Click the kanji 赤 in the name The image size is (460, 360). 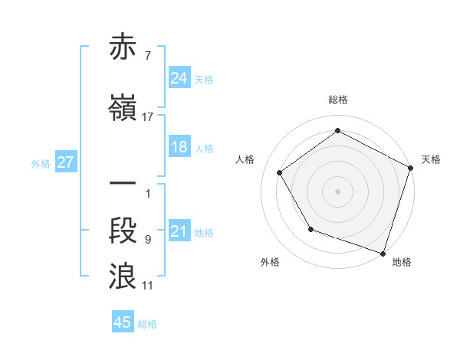[x=124, y=47]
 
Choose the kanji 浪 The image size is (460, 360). [x=124, y=277]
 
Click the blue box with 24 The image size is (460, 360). [x=179, y=77]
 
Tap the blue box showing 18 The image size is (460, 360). [x=179, y=147]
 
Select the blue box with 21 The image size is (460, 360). [x=179, y=231]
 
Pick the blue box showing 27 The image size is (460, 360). [x=65, y=162]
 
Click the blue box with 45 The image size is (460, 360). [x=123, y=322]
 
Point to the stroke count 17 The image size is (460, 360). [x=148, y=117]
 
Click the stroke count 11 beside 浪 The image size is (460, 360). [x=148, y=286]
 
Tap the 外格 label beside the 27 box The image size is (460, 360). [x=41, y=163]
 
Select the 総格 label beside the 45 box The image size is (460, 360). [x=147, y=323]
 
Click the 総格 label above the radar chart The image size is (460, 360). [x=338, y=100]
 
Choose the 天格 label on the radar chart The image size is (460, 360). [x=431, y=159]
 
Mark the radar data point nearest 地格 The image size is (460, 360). [x=383, y=252]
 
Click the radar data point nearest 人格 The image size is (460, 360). [x=280, y=172]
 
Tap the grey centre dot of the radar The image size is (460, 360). [x=338, y=191]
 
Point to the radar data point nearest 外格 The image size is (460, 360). [x=310, y=229]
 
